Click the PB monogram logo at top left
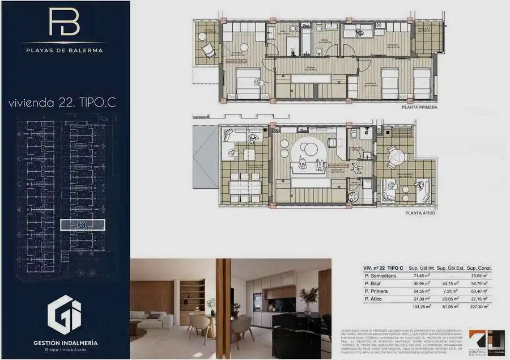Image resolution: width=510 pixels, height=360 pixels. coord(64,23)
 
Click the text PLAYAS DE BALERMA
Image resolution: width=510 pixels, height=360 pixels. coord(64,50)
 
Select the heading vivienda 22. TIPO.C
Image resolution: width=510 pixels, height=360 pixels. coord(64,103)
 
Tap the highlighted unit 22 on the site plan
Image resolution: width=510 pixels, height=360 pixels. coord(82,225)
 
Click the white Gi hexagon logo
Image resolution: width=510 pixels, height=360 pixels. coord(64,312)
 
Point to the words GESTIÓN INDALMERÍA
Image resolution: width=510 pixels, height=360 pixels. coord(64,342)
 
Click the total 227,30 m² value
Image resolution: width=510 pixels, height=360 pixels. coord(480,306)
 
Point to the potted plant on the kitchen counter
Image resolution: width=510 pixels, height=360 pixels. coord(309,298)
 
